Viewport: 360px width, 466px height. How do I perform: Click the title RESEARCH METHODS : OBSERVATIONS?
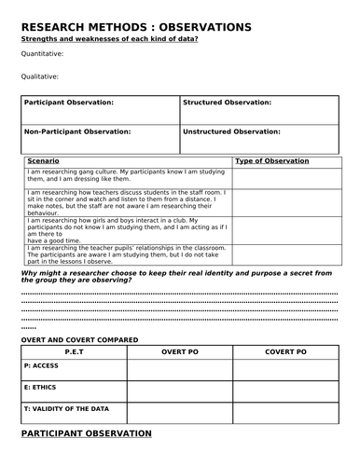pos(135,28)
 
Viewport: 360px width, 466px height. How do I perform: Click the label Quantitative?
pos(42,54)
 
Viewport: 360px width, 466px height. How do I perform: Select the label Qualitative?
pos(40,76)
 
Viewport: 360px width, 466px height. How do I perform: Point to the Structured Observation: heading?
pos(228,102)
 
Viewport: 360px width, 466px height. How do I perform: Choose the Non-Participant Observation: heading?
pos(77,131)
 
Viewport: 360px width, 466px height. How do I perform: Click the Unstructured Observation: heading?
pos(232,131)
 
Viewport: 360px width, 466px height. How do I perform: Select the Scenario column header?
pos(44,161)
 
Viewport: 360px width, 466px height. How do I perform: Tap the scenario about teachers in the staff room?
pos(127,202)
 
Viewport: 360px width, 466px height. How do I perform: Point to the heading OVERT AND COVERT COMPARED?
pos(79,339)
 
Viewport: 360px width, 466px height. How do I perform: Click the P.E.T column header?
pos(74,352)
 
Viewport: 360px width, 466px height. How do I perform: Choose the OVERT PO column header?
pos(180,352)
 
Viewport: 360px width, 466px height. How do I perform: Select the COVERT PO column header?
pos(285,352)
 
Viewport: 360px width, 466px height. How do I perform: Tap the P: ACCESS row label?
pos(40,365)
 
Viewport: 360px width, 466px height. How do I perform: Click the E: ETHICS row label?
pos(40,387)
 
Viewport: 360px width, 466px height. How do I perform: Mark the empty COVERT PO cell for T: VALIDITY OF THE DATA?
pos(285,410)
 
